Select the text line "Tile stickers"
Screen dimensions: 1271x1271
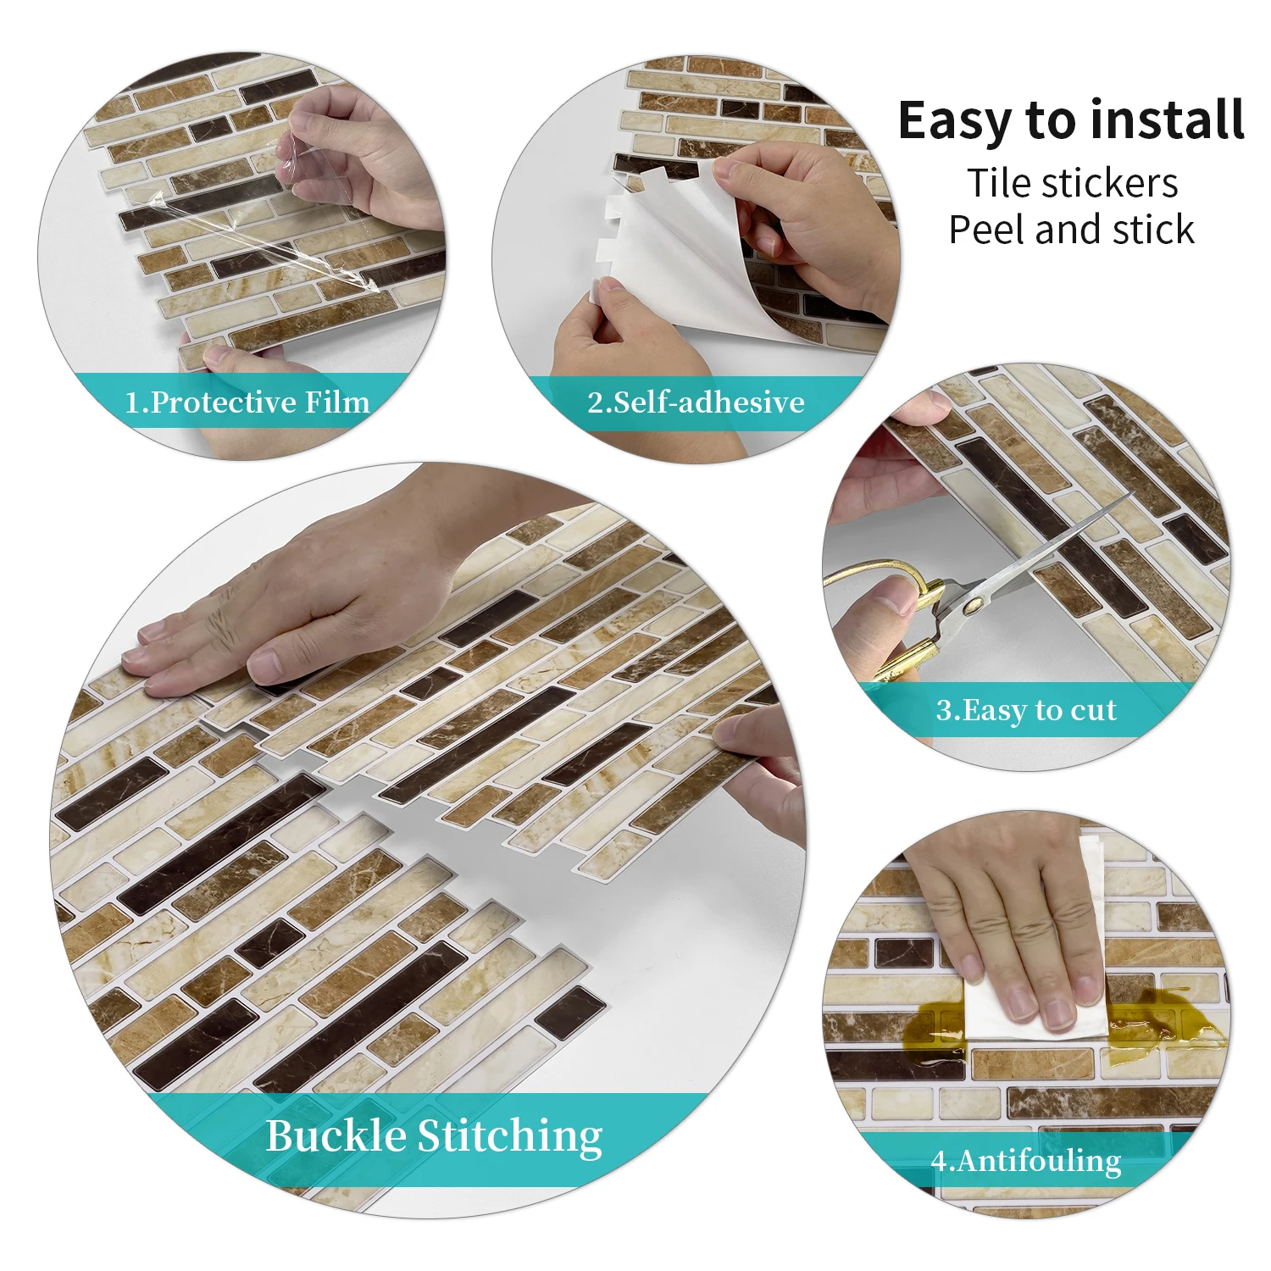point(1072,183)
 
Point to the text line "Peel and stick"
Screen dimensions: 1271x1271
point(1071,230)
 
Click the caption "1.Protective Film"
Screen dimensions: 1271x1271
point(247,402)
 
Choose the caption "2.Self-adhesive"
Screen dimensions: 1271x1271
point(696,402)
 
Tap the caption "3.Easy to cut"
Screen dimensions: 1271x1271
point(1026,710)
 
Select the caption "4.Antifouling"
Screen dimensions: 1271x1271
point(1026,1160)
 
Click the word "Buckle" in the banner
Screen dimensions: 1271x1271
point(336,1135)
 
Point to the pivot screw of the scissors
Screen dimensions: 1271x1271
point(974,604)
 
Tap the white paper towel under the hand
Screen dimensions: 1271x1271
point(1034,1000)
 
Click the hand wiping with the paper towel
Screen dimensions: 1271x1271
point(1008,924)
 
